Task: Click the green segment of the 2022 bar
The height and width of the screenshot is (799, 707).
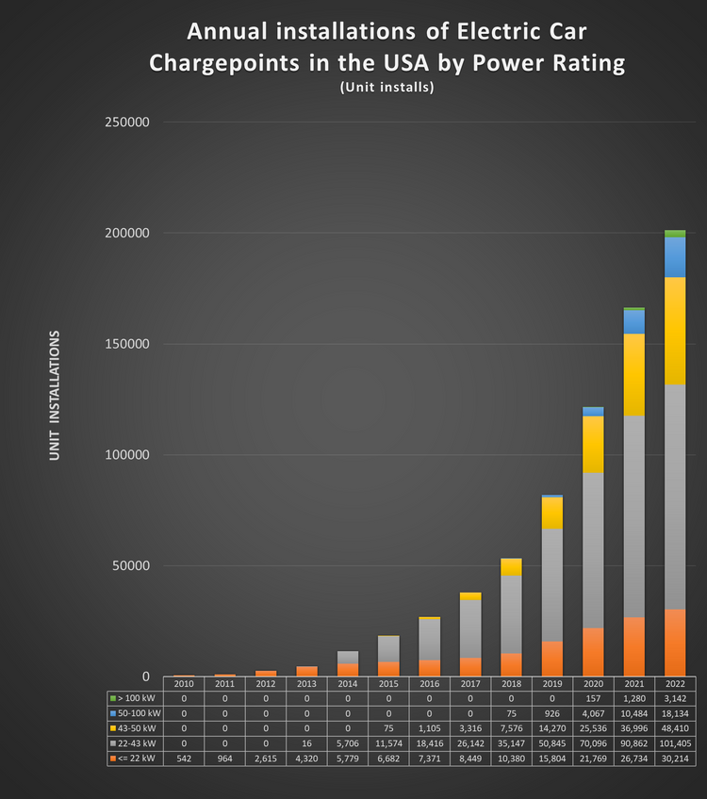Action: click(674, 233)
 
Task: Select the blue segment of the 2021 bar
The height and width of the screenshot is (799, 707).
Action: click(633, 321)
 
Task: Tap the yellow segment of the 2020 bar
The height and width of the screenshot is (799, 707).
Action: click(593, 444)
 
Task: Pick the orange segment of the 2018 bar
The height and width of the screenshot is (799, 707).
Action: click(511, 664)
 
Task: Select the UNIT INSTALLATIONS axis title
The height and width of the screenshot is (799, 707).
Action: click(55, 396)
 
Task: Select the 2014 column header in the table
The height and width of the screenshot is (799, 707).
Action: click(348, 683)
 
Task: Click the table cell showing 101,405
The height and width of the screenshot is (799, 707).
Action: click(674, 743)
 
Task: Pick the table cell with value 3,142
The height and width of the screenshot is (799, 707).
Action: click(674, 698)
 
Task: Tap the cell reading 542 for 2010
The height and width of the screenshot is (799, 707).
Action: click(185, 758)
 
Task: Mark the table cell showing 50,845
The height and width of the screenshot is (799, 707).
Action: click(552, 743)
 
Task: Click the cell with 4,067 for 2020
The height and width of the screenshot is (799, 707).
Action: click(593, 713)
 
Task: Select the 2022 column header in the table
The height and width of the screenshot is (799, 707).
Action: click(674, 683)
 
